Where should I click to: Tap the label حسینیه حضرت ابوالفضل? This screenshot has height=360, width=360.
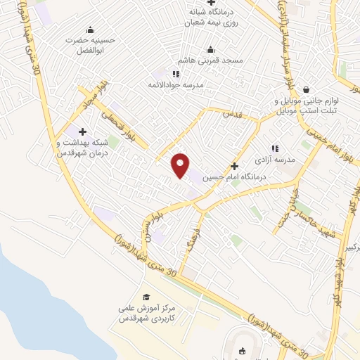click(89, 45)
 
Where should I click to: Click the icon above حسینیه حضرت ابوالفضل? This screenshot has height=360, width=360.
click(89, 30)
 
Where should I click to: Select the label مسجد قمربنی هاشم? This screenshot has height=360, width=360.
click(212, 61)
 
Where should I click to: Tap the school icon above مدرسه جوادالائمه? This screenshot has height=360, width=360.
click(176, 73)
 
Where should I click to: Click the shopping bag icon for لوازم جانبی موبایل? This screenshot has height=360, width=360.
click(307, 89)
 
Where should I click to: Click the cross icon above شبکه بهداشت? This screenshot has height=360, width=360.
click(83, 131)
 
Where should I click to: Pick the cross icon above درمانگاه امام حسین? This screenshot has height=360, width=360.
click(244, 165)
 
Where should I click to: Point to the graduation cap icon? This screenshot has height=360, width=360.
click(146, 297)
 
